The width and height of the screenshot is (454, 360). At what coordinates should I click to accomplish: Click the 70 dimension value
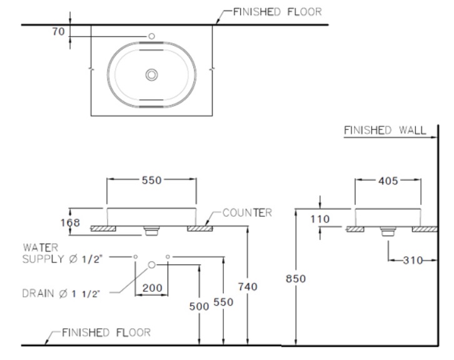tap(58, 31)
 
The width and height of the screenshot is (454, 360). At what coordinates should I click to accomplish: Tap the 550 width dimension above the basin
tap(151, 180)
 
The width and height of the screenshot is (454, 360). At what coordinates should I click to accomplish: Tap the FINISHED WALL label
tap(385, 131)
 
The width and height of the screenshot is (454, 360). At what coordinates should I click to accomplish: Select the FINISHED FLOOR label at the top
tap(276, 12)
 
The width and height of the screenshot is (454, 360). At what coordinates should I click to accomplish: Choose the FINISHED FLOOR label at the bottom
tap(106, 332)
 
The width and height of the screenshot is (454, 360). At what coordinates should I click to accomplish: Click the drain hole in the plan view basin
tap(151, 75)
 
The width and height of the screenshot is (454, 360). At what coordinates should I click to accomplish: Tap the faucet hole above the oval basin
tap(151, 37)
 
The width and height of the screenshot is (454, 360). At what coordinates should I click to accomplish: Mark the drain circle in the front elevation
tap(151, 266)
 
